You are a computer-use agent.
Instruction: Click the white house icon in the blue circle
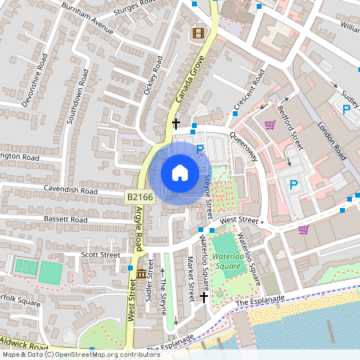180,173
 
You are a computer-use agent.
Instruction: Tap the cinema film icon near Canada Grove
198,34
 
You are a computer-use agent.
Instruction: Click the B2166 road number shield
138,195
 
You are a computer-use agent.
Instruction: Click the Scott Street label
100,254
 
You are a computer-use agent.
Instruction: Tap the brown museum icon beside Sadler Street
142,274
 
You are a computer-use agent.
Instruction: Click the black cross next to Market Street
204,296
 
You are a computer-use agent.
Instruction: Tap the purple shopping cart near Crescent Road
270,124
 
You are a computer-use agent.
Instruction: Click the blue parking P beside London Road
346,110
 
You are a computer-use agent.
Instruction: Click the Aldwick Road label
24,344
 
